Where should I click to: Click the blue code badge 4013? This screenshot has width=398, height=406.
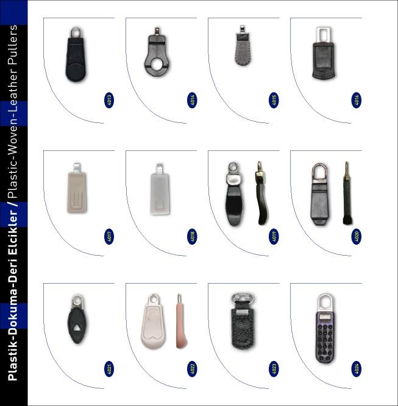coord(109,100)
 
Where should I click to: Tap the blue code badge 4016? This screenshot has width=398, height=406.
coord(357,100)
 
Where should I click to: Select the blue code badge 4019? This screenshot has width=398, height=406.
coord(274,236)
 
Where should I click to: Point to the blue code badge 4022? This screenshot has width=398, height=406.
coord(192,369)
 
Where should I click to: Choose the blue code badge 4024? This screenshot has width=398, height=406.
coord(357,369)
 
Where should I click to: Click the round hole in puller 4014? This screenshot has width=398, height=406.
coord(157,64)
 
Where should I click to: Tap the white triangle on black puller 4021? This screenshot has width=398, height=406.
coord(77,328)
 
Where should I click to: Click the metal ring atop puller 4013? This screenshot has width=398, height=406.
coord(76,33)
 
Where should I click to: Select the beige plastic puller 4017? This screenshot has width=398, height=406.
coord(77,188)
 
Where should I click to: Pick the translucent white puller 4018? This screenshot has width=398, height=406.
coord(160,189)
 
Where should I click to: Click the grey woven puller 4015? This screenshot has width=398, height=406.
coord(243,46)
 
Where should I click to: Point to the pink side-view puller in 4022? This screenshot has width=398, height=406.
coord(182,321)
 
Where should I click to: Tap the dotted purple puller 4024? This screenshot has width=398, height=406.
coord(325,328)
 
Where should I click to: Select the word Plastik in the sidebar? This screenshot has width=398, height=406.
coord(13,363)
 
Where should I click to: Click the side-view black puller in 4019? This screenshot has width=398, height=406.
coord(261,193)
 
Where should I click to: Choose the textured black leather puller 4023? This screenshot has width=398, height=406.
coord(243,321)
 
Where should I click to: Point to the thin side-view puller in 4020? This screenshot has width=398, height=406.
coord(347,193)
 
